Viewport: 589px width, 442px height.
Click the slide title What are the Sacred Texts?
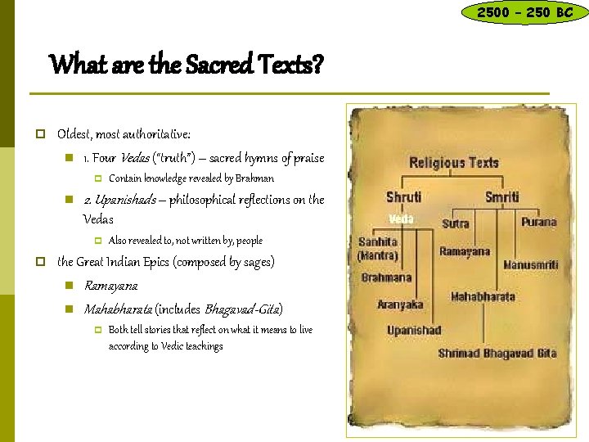(x=187, y=63)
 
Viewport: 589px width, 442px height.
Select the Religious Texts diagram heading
(x=454, y=162)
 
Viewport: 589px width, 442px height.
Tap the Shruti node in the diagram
(x=404, y=196)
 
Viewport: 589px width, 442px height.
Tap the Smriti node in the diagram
(x=501, y=196)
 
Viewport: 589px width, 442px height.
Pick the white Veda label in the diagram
(x=400, y=219)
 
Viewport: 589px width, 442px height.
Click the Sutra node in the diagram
(x=455, y=223)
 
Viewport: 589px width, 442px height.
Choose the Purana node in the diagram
(x=538, y=222)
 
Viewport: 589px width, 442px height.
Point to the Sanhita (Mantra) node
(x=377, y=249)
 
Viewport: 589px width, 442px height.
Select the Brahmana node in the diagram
(x=386, y=278)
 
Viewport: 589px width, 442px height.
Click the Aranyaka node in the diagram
(x=400, y=304)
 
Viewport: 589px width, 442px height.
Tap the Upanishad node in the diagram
(x=414, y=330)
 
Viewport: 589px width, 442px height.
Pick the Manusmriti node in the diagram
(x=531, y=265)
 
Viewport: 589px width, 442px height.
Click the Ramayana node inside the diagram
(x=465, y=251)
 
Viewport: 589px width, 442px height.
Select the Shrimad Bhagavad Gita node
(x=497, y=354)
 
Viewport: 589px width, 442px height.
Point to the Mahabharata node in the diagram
(x=483, y=296)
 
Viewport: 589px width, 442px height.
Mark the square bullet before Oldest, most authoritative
(x=38, y=133)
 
